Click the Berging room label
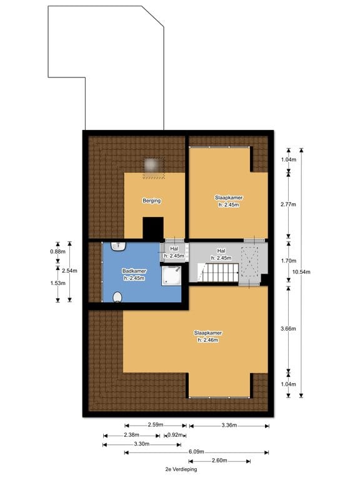pyautogui.click(x=151, y=201)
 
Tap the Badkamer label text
pyautogui.click(x=134, y=271)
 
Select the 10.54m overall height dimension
pyautogui.click(x=301, y=272)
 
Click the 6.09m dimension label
pyautogui.click(x=196, y=452)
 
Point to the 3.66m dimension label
pyautogui.click(x=288, y=329)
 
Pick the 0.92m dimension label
pyautogui.click(x=175, y=435)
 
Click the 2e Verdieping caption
pyautogui.click(x=181, y=469)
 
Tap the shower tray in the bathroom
pyautogui.click(x=171, y=276)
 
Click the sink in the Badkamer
pyautogui.click(x=118, y=246)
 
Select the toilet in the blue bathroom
pyautogui.click(x=117, y=297)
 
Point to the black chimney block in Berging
pyautogui.click(x=153, y=228)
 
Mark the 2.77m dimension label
pyautogui.click(x=288, y=204)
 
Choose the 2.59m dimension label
pyautogui.click(x=156, y=425)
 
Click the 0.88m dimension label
pyautogui.click(x=58, y=252)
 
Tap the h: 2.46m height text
pyautogui.click(x=208, y=340)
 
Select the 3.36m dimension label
pyautogui.click(x=229, y=425)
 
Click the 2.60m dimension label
pyautogui.click(x=219, y=461)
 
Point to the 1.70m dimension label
pyautogui.click(x=288, y=261)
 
